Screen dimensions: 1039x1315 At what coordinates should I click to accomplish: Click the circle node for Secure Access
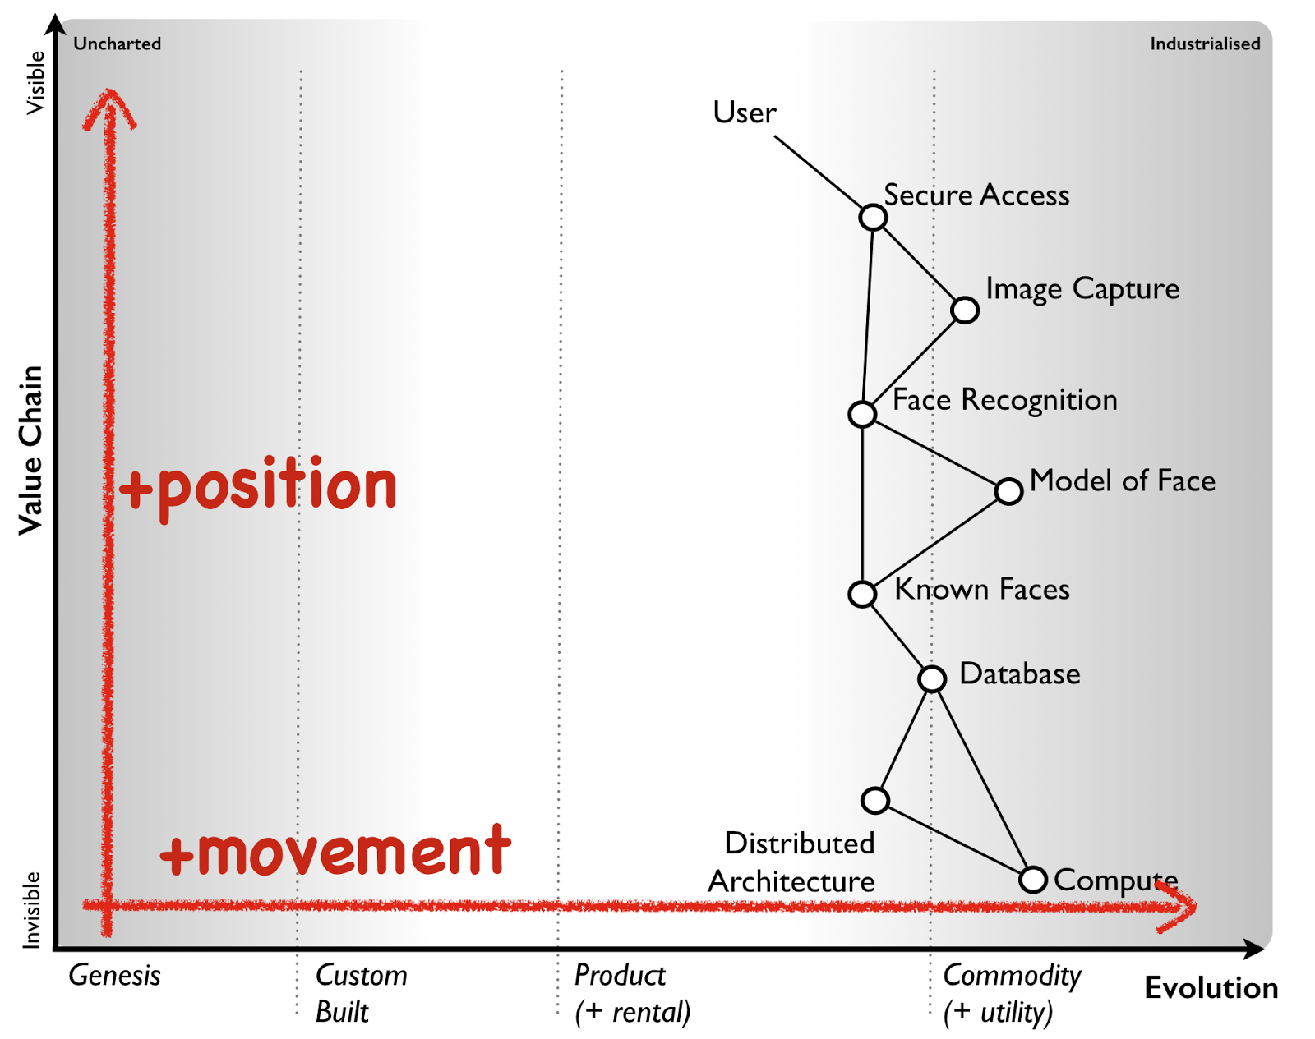click(873, 218)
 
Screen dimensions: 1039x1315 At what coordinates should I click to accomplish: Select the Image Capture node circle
click(965, 310)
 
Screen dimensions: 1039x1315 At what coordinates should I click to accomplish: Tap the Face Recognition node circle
click(862, 414)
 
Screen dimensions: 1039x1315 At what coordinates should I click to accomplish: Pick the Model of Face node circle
click(1008, 491)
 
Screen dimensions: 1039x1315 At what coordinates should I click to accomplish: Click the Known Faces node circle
click(862, 594)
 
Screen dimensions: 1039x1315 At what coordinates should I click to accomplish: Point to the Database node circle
click(932, 679)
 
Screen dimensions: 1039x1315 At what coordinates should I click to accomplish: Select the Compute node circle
click(1033, 880)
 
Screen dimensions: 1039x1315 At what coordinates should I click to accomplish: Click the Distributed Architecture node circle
click(875, 800)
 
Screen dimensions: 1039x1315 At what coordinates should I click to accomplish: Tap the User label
click(744, 113)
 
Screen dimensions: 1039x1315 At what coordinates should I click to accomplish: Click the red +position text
click(258, 486)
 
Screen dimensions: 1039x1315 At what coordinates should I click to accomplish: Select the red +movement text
click(335, 852)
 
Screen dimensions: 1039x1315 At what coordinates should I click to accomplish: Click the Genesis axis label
click(114, 976)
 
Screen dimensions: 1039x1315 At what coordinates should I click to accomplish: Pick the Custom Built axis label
click(361, 993)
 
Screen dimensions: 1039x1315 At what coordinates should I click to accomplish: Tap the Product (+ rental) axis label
click(631, 993)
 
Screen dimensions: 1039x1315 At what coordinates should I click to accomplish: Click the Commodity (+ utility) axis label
click(1011, 993)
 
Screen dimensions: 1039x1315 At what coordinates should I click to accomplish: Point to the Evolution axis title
click(1211, 988)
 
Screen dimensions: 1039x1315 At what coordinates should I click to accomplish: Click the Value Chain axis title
click(30, 450)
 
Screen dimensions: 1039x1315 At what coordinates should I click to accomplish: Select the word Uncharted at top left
click(117, 44)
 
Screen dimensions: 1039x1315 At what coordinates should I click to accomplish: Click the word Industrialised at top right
click(1204, 44)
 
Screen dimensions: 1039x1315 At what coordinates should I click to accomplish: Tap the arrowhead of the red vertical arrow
click(109, 107)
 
